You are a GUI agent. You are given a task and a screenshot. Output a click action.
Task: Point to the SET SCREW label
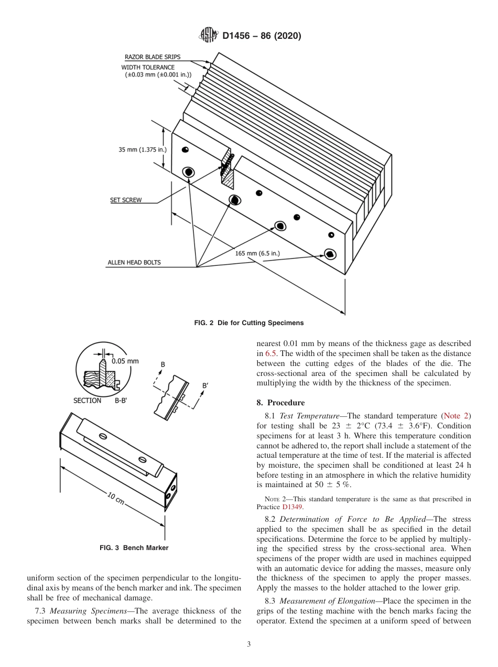click(x=125, y=200)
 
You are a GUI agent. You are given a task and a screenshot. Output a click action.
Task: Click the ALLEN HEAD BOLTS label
click(x=134, y=262)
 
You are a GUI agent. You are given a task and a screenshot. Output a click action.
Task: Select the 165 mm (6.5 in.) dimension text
click(x=257, y=253)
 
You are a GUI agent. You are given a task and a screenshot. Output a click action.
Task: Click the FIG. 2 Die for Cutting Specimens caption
click(x=249, y=322)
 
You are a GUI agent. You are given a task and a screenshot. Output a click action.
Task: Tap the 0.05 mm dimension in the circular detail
click(x=125, y=361)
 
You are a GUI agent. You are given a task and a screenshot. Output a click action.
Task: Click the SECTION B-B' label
click(x=103, y=401)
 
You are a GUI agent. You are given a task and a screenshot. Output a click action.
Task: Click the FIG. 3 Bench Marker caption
click(x=134, y=548)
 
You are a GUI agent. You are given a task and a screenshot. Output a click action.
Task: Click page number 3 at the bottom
click(x=249, y=644)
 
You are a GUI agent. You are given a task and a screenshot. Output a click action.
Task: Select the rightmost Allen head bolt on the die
click(x=330, y=254)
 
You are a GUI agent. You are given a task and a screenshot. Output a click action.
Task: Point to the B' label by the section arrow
click(x=205, y=386)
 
